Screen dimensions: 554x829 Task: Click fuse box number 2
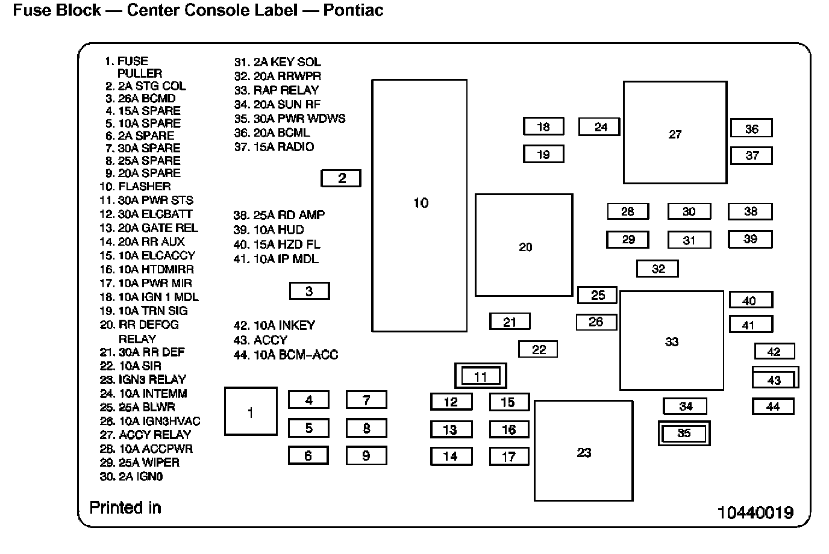point(341,178)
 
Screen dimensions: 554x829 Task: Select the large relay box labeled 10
point(419,205)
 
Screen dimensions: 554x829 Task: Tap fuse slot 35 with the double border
point(684,433)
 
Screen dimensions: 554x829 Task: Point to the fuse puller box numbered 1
point(251,412)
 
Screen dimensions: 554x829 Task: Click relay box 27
point(675,133)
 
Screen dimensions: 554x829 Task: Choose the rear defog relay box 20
point(524,245)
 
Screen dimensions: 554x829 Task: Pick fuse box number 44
point(773,406)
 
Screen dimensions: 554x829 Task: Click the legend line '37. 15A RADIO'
point(274,147)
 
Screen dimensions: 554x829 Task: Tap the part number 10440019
point(755,512)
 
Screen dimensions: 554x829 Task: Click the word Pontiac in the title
point(353,11)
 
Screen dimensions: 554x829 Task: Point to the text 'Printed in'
point(125,508)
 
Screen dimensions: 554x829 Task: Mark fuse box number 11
point(480,376)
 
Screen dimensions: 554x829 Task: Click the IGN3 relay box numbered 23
point(583,451)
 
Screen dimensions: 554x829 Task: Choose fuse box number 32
point(658,269)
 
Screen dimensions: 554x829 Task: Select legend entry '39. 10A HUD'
point(269,230)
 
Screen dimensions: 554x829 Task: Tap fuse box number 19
point(543,154)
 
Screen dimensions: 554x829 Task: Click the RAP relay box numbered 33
point(671,341)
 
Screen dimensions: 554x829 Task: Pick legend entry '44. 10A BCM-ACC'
point(286,355)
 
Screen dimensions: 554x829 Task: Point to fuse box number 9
point(366,455)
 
